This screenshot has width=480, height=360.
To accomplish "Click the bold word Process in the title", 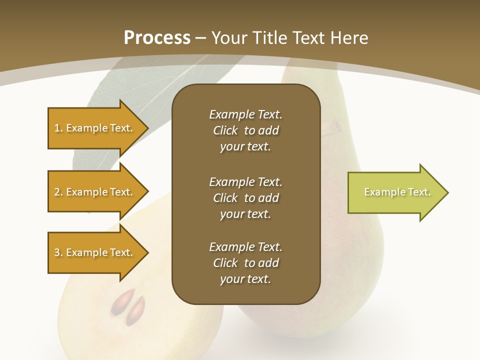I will point(157,38).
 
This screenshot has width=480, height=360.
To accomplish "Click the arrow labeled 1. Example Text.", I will point(95,128).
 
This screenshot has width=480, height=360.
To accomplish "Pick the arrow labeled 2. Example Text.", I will point(95,192).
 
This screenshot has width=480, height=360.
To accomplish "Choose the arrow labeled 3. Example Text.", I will point(95,252).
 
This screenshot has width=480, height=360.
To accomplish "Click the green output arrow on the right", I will point(395,192).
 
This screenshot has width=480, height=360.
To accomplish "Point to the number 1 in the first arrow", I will point(57,128).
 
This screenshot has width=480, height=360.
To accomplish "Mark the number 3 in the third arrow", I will point(57,253).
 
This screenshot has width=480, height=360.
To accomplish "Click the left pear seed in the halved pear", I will point(120,301).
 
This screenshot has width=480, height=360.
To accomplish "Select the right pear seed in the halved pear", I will point(135,310).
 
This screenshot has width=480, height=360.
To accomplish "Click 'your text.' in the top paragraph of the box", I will point(245,147).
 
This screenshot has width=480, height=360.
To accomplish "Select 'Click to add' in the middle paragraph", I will point(245,198).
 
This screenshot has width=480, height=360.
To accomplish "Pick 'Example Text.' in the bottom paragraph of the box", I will point(245,247).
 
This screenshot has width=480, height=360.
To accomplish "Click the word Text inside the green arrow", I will point(419,192).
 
